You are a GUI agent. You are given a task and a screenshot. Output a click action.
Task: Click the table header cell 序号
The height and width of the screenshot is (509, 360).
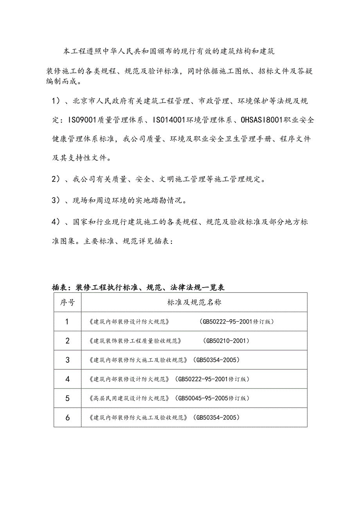click(67, 302)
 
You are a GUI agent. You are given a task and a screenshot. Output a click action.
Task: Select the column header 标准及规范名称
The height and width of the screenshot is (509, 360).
click(194, 302)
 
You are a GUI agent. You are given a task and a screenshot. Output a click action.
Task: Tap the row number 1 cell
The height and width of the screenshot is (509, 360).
click(67, 322)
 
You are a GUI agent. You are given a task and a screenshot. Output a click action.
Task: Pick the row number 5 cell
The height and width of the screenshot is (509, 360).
click(67, 398)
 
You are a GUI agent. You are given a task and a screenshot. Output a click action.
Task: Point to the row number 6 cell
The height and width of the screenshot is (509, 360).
click(67, 417)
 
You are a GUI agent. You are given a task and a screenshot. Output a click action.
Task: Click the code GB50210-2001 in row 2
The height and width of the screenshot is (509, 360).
click(226, 341)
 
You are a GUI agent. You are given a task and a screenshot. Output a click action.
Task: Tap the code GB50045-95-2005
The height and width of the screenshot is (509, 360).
click(202, 398)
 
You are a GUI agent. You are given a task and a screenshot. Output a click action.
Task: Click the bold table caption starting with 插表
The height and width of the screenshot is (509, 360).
click(138, 288)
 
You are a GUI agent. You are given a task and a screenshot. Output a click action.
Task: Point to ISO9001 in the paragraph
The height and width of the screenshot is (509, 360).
click(85, 120)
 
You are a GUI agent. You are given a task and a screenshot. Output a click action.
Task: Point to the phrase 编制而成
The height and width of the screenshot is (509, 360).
click(61, 82)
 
